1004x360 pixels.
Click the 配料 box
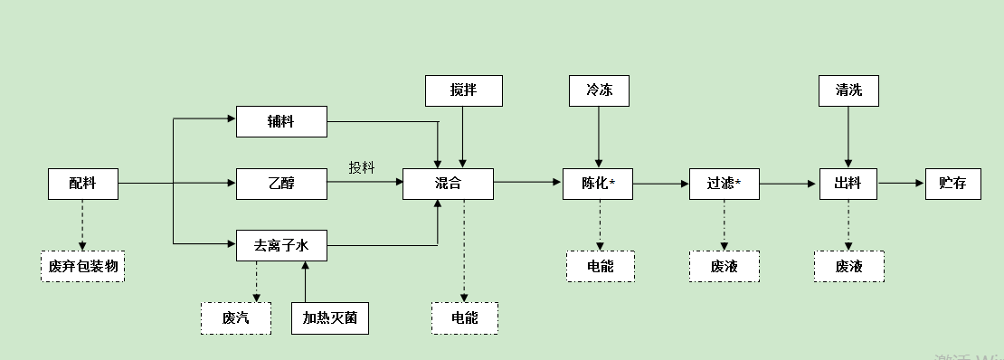tap(83, 184)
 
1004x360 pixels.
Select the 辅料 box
tap(281, 121)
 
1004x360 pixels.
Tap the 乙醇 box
tap(281, 184)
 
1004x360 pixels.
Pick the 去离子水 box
tap(281, 245)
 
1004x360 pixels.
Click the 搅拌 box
tap(463, 90)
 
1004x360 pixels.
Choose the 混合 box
tap(448, 184)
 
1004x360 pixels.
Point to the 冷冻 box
tap(599, 90)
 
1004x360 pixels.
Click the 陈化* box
tap(598, 184)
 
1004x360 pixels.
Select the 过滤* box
tap(723, 184)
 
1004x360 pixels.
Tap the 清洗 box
tap(848, 90)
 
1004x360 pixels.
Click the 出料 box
tap(848, 184)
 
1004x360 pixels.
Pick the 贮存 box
tap(952, 184)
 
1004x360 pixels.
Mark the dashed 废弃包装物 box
tap(82, 266)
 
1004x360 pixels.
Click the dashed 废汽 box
tap(235, 317)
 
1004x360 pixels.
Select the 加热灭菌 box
tap(330, 317)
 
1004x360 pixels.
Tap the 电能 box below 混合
tap(464, 317)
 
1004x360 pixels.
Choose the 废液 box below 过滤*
tap(724, 266)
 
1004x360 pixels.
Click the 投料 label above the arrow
tap(362, 167)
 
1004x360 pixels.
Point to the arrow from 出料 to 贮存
tap(901, 184)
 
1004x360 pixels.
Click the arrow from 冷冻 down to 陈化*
tap(599, 136)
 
